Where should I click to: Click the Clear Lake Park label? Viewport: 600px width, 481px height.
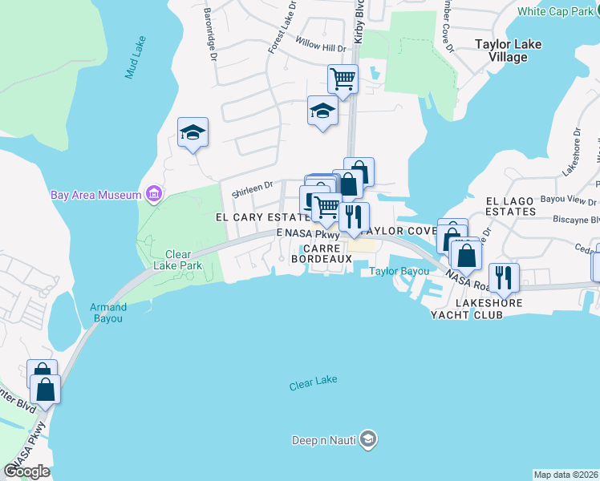tap(166, 261)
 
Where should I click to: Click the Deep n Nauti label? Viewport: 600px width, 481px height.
tap(324, 439)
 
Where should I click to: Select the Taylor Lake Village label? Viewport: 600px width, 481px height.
tap(513, 51)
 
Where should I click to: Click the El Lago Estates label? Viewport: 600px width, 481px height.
tap(510, 206)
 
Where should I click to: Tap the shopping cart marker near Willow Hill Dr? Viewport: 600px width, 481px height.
tap(343, 79)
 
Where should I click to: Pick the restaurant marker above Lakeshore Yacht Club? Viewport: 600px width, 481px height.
tap(504, 277)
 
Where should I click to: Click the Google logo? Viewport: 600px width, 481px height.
tap(27, 471)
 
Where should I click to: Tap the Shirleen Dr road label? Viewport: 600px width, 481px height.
tap(253, 190)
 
